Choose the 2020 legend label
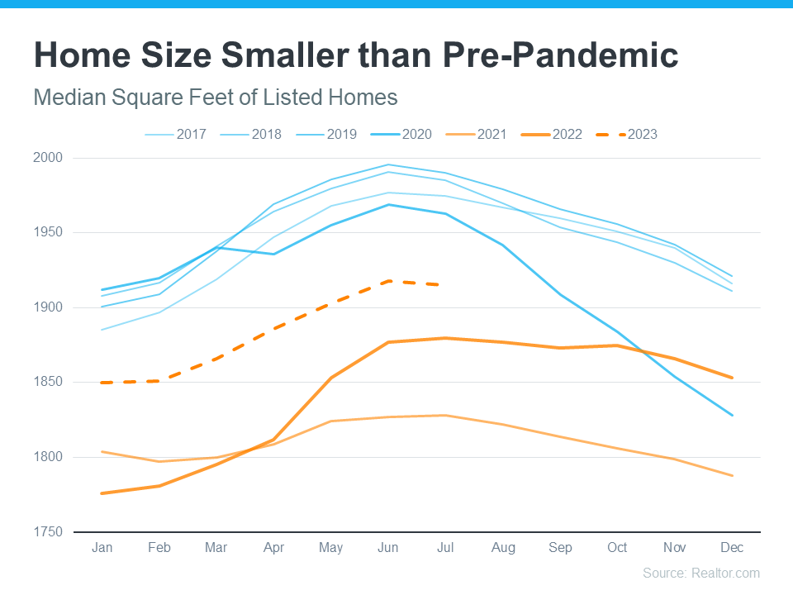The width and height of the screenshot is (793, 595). [406, 134]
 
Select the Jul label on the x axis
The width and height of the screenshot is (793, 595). [445, 548]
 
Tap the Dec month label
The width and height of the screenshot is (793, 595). [732, 548]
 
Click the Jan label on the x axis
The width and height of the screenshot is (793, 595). [102, 548]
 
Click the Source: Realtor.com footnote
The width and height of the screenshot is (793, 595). [700, 573]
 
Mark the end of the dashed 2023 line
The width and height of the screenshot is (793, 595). [446, 285]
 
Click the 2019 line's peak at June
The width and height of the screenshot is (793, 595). [388, 164]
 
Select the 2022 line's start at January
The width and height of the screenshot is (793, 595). [102, 493]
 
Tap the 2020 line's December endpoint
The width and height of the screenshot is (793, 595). [732, 415]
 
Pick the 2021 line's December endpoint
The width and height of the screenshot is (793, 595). [732, 476]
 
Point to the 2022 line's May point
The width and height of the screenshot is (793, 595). [331, 378]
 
